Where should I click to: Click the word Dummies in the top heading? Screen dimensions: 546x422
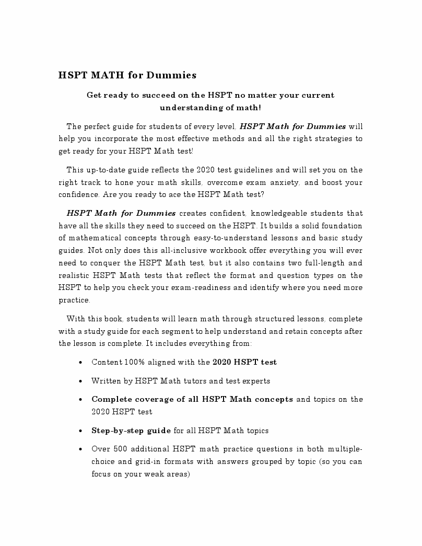coord(171,75)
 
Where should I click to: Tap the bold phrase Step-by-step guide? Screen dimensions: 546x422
coord(131,431)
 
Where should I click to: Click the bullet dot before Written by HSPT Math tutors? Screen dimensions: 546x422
coord(79,381)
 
